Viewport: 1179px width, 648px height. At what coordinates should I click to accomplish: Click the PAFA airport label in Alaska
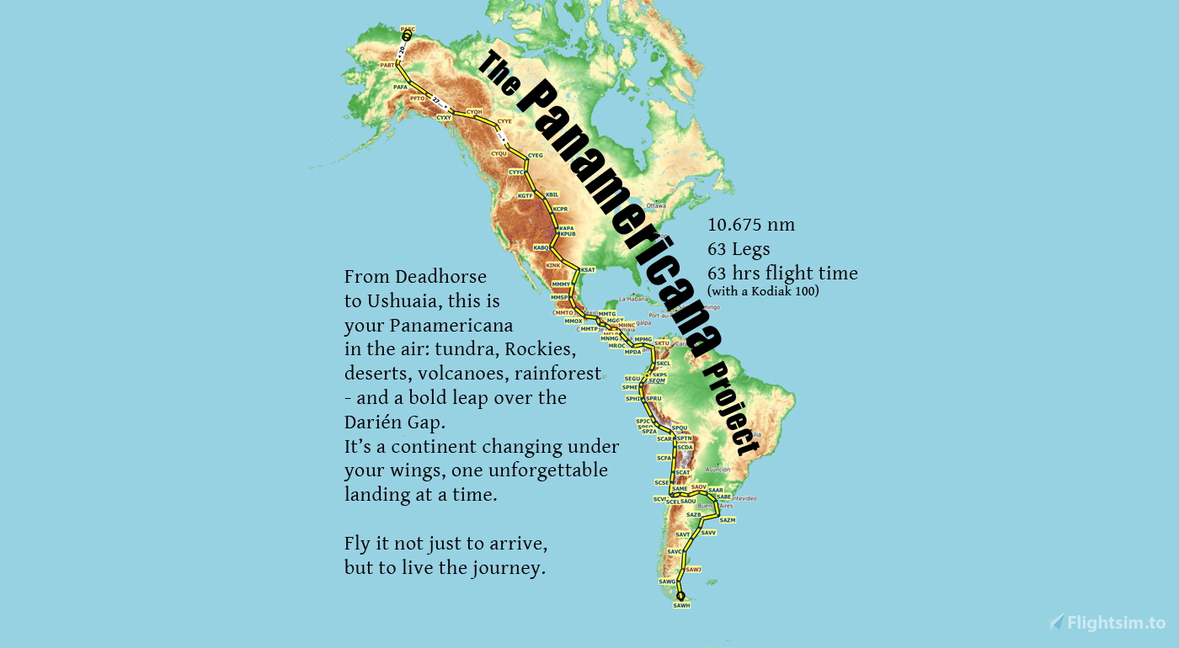(x=401, y=87)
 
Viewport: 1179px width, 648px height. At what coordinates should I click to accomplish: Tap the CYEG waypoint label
(x=535, y=156)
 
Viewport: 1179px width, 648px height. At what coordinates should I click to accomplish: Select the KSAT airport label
(x=588, y=269)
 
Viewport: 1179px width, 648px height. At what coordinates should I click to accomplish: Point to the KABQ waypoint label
(x=541, y=247)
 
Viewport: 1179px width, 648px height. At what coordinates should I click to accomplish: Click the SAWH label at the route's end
(x=681, y=605)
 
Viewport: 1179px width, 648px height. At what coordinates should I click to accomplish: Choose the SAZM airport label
(x=728, y=520)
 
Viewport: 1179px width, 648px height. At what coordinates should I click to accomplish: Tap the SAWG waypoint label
(x=667, y=582)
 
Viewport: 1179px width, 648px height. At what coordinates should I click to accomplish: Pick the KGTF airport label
(x=525, y=195)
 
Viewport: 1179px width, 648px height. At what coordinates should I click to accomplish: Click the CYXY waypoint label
(x=444, y=118)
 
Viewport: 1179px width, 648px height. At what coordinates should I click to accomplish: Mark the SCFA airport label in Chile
(x=664, y=458)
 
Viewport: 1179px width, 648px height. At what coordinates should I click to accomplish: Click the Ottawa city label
(x=656, y=205)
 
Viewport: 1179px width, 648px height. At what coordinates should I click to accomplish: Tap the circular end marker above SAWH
(x=680, y=596)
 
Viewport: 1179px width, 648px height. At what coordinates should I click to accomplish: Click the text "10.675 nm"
(x=751, y=225)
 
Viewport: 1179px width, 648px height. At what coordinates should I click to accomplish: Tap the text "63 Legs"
(x=739, y=249)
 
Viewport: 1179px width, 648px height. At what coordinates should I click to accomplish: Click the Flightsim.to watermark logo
(x=1107, y=623)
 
